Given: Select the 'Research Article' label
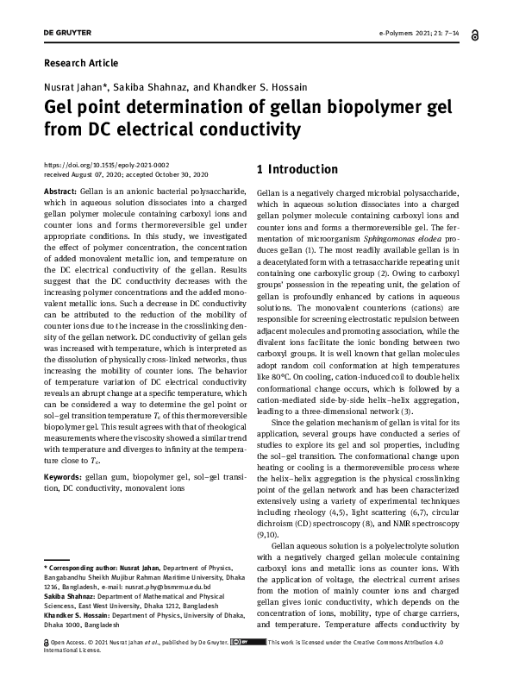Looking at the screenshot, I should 81,63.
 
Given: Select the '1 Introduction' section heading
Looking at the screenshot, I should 298,169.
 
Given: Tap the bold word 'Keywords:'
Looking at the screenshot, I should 62,476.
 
